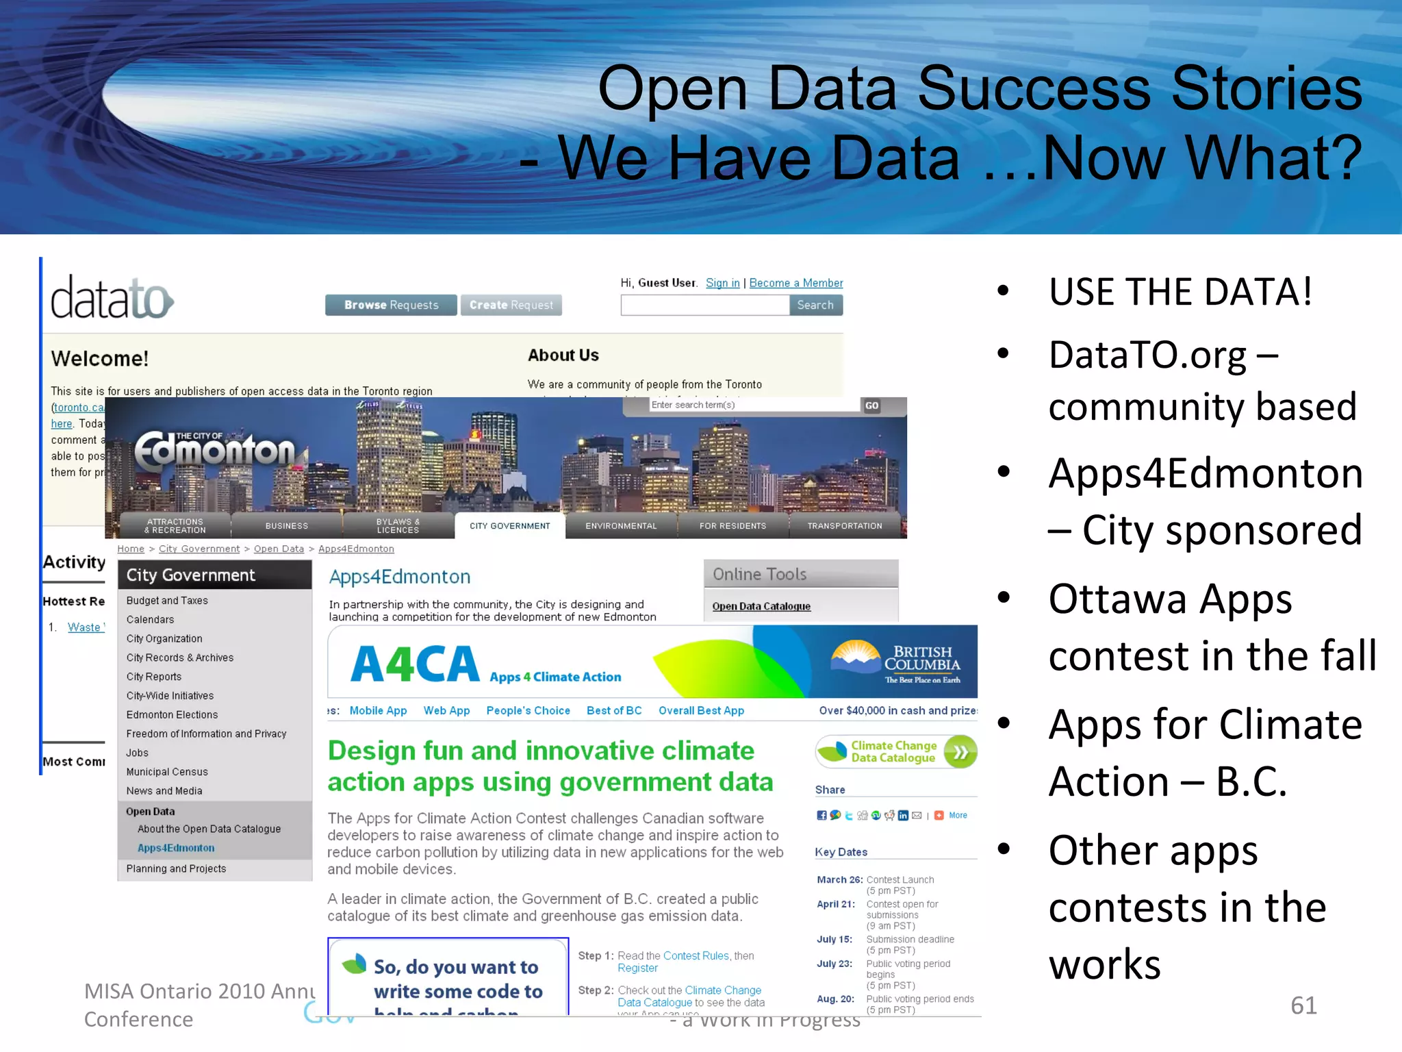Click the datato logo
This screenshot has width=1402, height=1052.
112,299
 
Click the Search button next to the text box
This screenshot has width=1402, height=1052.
815,305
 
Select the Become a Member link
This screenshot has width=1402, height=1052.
795,283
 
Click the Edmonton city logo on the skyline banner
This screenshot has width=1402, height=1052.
214,451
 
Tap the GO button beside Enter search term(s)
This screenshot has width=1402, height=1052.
871,405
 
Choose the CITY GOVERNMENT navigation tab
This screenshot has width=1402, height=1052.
509,526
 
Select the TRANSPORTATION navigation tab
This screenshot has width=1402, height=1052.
844,526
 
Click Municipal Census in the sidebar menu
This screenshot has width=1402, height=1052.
166,772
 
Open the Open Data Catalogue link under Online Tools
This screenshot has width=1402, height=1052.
761,606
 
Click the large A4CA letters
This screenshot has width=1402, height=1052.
415,665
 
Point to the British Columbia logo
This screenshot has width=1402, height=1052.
897,661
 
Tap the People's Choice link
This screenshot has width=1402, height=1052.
528,711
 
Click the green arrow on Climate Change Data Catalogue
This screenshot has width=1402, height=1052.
960,752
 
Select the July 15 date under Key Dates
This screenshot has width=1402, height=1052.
834,940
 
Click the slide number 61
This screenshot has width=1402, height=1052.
1303,1005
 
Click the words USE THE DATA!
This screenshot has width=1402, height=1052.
1180,292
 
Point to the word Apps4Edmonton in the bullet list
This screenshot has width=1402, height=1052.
1205,473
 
